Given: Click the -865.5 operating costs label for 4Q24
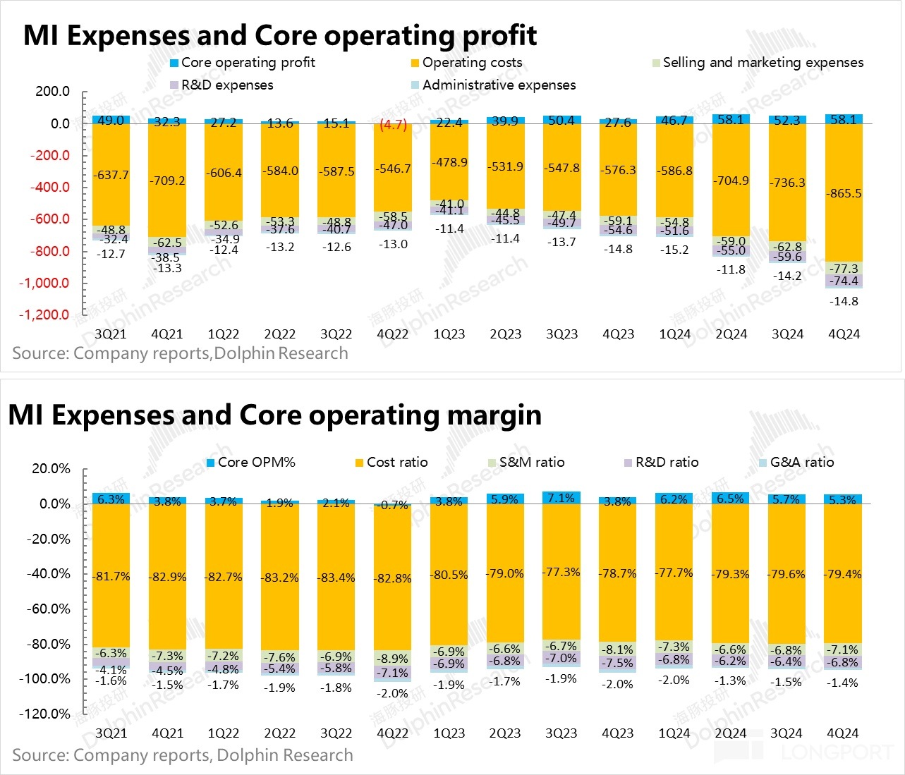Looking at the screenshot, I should click(844, 193).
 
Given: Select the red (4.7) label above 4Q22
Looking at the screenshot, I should click(393, 125).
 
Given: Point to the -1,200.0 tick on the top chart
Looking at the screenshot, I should click(44, 315).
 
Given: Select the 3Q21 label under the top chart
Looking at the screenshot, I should click(111, 334).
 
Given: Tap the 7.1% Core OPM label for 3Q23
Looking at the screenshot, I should click(561, 498).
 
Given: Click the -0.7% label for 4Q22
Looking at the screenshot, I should click(393, 505).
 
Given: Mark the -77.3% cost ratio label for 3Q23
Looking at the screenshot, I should click(561, 572).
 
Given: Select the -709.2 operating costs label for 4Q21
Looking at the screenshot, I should click(167, 181).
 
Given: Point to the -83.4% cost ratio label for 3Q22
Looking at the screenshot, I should click(336, 578).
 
